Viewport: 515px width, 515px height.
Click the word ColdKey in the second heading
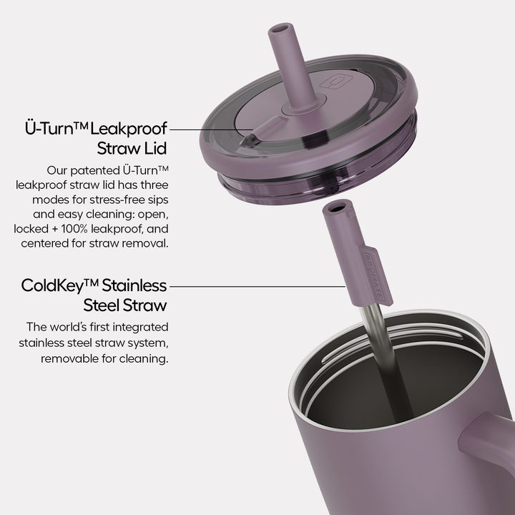tap(51, 286)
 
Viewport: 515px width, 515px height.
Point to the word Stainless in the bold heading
tap(134, 286)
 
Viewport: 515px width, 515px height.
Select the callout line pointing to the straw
tap(257, 286)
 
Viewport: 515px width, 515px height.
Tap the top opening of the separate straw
tap(335, 207)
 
